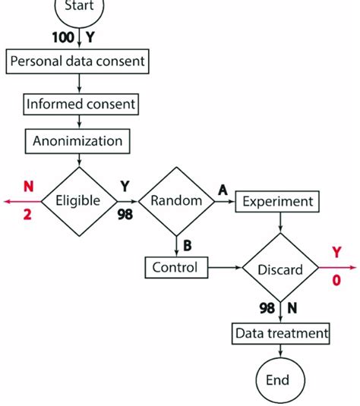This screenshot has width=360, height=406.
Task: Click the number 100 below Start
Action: click(x=63, y=37)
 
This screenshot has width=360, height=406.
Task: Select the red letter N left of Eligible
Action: click(x=29, y=186)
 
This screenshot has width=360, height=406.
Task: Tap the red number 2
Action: click(x=27, y=215)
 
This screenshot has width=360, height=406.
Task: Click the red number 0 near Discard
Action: click(x=336, y=280)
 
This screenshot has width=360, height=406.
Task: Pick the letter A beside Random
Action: click(x=223, y=190)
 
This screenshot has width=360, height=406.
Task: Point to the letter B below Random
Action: click(x=188, y=245)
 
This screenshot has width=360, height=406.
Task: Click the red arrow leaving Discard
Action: click(x=337, y=267)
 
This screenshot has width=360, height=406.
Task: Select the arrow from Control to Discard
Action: click(x=225, y=267)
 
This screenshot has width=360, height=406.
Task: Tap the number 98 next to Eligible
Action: click(x=125, y=215)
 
